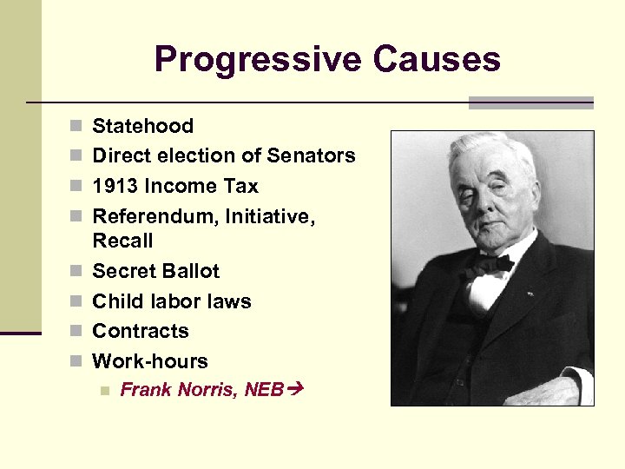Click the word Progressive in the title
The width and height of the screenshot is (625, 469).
pos(256,60)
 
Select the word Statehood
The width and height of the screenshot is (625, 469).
pos(142,127)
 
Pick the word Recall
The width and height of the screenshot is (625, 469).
pos(122,241)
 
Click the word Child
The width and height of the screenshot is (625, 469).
pos(116,302)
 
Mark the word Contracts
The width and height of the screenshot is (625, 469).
pos(140,332)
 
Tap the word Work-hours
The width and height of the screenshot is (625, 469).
pos(150,361)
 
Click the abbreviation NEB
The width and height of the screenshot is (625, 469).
pos(265,390)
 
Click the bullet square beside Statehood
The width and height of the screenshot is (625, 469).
pos(76,127)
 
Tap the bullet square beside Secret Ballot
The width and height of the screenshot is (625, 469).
pos(76,272)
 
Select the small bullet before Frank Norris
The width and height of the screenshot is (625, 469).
pos(104,391)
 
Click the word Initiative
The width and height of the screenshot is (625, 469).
pos(269,216)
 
